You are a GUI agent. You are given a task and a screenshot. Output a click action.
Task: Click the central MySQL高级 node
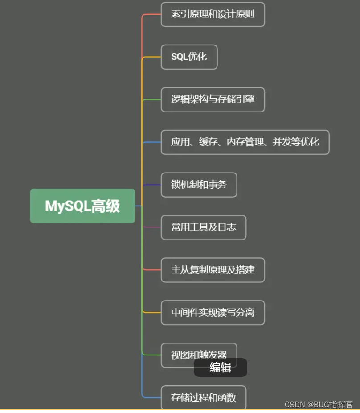[x=82, y=206]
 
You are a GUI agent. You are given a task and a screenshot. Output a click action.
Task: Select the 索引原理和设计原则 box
[x=213, y=14]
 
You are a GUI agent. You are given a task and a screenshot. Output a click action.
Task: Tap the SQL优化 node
[x=189, y=57]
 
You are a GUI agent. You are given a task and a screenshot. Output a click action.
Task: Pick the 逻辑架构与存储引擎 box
[x=213, y=99]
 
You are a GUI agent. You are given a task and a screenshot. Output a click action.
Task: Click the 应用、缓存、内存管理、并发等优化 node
[x=245, y=142]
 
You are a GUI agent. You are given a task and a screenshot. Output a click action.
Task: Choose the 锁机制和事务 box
[x=199, y=185]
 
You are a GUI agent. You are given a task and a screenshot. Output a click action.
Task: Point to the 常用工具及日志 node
[x=203, y=227]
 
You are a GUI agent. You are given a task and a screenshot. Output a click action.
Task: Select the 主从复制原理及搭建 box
[x=213, y=270]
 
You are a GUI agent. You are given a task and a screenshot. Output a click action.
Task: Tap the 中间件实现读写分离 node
[x=213, y=313]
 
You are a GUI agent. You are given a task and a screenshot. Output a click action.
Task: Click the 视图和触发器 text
[x=199, y=355]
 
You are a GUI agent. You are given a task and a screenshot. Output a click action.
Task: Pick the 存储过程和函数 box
[x=203, y=397]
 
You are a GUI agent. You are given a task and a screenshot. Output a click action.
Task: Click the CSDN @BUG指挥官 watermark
[x=318, y=405]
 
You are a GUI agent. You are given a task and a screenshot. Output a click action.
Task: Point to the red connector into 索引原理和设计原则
[x=151, y=14]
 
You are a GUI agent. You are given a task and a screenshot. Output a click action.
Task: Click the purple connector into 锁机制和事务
[x=151, y=185]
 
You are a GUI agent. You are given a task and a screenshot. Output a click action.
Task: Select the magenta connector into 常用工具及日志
[x=151, y=227]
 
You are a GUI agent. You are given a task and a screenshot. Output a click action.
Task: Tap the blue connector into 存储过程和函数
[x=151, y=397]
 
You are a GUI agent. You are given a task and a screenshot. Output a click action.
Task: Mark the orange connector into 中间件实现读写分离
[x=151, y=313]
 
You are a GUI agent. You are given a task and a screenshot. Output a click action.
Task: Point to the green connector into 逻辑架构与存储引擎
[x=151, y=99]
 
